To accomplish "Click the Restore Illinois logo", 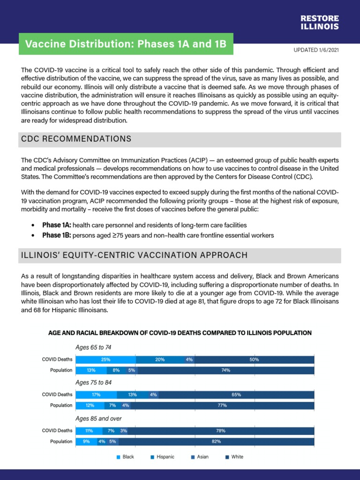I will coord(319,22).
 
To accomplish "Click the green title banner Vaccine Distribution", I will coord(126,45).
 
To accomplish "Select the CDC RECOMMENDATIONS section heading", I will coord(76,139).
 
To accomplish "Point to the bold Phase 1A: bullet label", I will coord(57,225).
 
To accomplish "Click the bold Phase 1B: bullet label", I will coord(57,235).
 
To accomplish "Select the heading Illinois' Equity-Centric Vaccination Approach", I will coord(133,255).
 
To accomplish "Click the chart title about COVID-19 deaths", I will coord(180,333).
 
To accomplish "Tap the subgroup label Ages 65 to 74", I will coord(93,347).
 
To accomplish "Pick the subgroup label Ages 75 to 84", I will coord(93,382).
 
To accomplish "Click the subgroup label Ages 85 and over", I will coord(98,418).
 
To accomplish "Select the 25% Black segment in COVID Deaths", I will coord(105,360).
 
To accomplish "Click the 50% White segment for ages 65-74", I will coord(254,360).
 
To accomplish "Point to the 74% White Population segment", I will coord(225,370).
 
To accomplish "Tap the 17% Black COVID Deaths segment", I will coord(96,395).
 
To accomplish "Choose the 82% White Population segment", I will coord(216,441).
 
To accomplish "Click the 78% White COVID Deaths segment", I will coord(221,430).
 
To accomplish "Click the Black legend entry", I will coord(125,457).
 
